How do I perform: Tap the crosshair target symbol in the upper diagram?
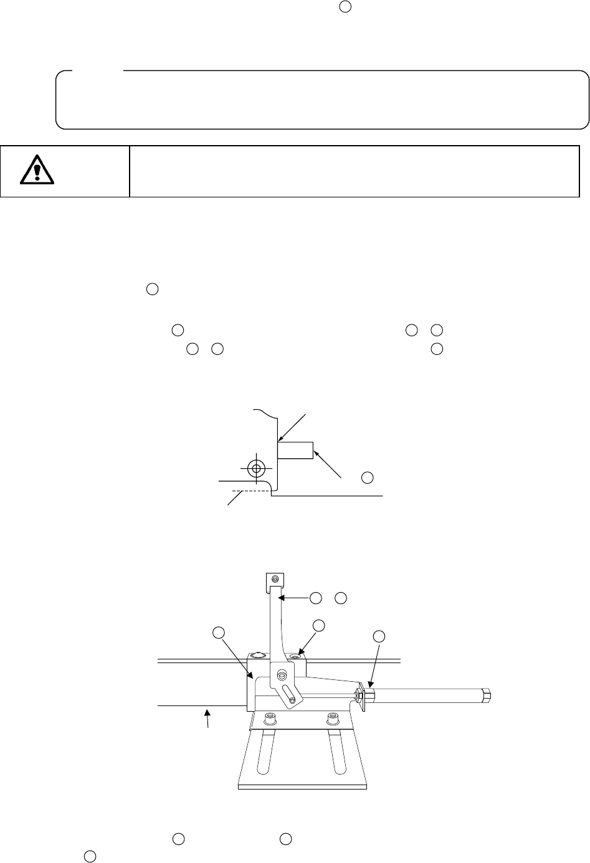(255, 468)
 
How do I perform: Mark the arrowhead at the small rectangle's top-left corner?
(280, 439)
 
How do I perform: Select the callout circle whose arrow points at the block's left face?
(218, 633)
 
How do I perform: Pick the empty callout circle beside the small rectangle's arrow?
(367, 478)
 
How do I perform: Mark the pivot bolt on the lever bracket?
(283, 674)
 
